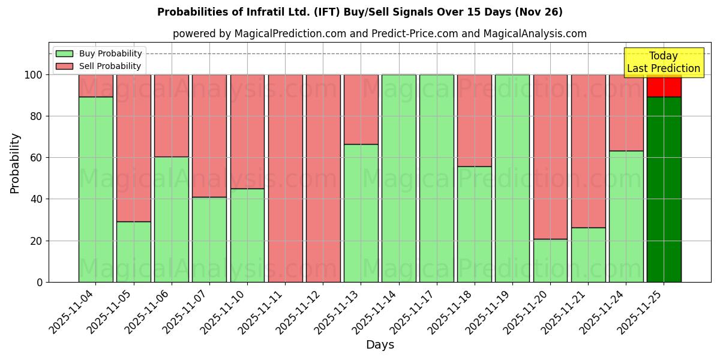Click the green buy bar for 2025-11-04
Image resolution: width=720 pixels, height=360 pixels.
95,189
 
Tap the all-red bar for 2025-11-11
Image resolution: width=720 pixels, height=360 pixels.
285,178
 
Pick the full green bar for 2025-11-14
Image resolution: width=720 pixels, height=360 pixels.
398,178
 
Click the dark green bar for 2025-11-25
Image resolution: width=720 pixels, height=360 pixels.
664,189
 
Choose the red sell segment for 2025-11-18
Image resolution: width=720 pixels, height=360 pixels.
474,120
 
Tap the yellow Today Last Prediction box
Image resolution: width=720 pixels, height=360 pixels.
663,62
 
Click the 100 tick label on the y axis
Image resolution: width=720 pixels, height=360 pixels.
34,75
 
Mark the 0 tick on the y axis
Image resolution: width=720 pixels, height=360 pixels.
40,282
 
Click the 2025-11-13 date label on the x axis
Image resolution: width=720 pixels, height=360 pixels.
337,313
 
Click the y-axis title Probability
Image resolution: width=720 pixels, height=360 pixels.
15,163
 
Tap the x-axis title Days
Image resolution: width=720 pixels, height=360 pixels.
380,345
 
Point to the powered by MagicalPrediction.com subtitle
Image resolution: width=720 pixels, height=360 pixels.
379,34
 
